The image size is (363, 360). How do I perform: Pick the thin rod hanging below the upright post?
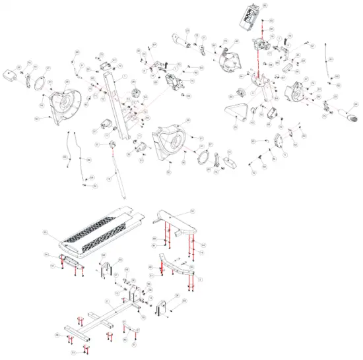(119, 174)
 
